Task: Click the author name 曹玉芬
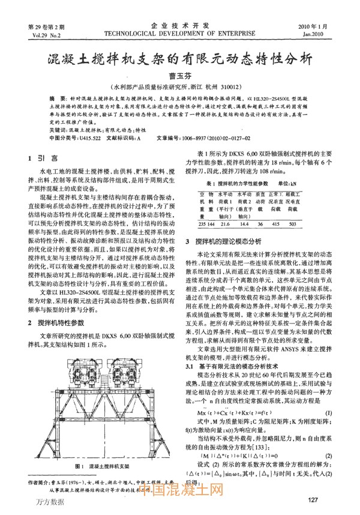click(180, 76)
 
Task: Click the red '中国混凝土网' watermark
click(185, 491)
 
